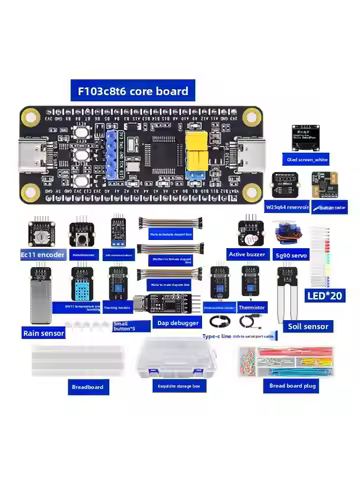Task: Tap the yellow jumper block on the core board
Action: [x=198, y=148]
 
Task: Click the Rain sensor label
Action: [x=42, y=331]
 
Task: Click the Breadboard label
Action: [x=88, y=386]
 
